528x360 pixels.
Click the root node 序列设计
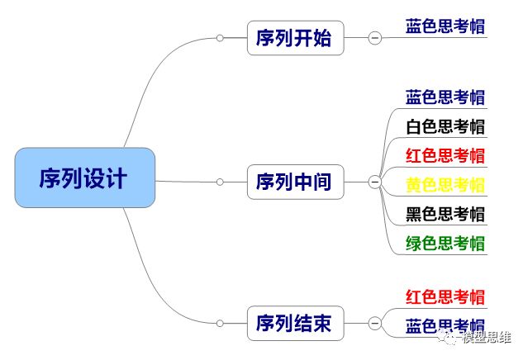tap(84, 178)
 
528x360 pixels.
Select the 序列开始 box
tap(295, 38)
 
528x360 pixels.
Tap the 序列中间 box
tap(295, 181)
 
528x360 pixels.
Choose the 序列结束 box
tap(295, 323)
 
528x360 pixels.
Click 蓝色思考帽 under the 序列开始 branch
tap(445, 26)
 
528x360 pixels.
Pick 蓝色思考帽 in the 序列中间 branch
tap(445, 97)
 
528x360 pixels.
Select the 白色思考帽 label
tap(445, 126)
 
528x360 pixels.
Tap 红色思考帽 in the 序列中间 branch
tap(445, 155)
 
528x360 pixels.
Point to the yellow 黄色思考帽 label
tap(445, 185)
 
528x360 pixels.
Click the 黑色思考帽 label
tap(445, 214)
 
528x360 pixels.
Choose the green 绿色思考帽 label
tap(445, 244)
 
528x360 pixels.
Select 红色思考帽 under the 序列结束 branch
tap(445, 297)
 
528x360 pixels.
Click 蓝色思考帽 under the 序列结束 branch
tap(445, 325)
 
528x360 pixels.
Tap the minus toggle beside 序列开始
tap(374, 38)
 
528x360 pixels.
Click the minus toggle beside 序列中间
tap(374, 182)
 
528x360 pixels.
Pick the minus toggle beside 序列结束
tap(374, 323)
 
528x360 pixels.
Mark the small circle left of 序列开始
tap(220, 38)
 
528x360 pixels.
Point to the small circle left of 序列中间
tap(220, 181)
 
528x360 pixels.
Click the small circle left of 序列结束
tap(220, 323)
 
